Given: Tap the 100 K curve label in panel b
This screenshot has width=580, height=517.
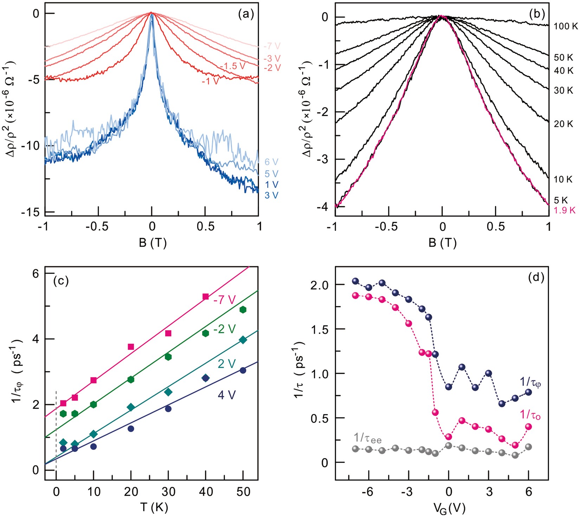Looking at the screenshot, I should click(x=566, y=26).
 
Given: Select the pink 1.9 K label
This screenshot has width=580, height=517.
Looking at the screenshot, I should click(x=565, y=210).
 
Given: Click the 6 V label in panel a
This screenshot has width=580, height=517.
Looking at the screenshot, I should click(x=271, y=162).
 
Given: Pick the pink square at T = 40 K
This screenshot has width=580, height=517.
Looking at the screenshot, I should click(x=206, y=297).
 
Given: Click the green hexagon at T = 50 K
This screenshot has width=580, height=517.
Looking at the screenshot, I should click(x=243, y=310).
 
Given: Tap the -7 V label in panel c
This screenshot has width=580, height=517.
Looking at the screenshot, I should click(x=224, y=300).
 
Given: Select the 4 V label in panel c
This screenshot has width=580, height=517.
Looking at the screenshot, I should click(x=226, y=395).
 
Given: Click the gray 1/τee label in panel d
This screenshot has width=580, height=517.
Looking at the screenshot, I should click(x=367, y=438).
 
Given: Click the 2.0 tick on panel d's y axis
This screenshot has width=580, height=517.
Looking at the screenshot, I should click(x=320, y=284).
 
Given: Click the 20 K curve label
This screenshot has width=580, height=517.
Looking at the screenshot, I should click(x=563, y=124).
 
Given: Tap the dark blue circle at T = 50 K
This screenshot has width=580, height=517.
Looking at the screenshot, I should click(x=243, y=371).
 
